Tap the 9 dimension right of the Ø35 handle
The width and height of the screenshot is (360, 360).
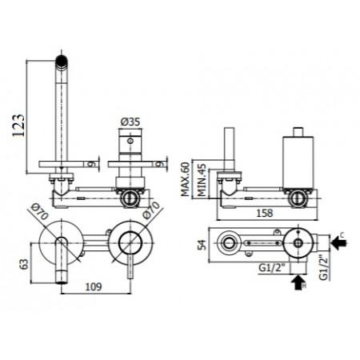(163, 165)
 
